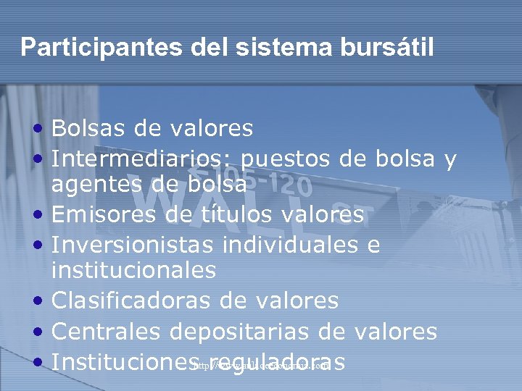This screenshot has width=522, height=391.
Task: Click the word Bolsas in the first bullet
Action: (x=81, y=129)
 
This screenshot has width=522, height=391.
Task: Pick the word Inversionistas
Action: (x=132, y=243)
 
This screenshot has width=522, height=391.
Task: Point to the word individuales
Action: (x=290, y=243)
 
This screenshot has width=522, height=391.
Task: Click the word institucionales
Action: (x=133, y=271)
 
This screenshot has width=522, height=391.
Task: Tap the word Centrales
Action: (x=106, y=332)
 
